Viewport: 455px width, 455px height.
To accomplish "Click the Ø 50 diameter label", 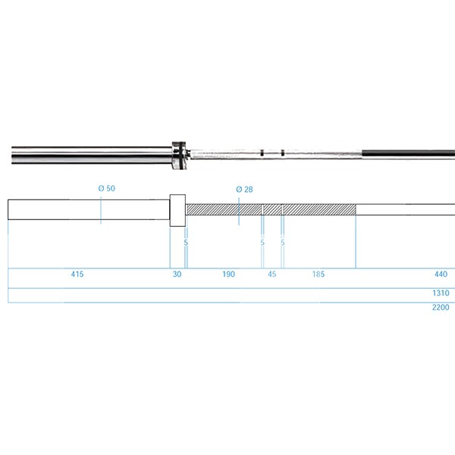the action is click(106, 188).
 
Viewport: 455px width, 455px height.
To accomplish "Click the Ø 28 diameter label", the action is click(244, 190).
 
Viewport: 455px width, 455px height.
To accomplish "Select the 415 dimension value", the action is click(77, 274).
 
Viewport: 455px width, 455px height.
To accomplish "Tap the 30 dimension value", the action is click(177, 274).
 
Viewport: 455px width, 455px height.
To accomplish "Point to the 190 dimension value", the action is click(229, 274).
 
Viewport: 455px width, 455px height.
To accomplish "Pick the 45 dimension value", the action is click(272, 274).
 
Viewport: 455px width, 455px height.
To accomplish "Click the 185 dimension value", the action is click(318, 274).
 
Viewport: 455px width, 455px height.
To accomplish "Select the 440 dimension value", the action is click(441, 274).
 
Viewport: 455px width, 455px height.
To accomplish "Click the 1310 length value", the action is click(441, 293).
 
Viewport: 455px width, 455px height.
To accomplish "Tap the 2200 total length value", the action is click(441, 307).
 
